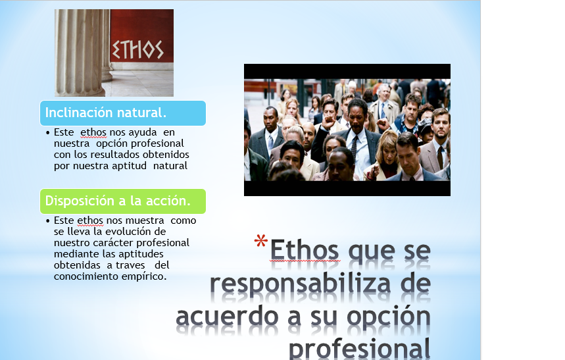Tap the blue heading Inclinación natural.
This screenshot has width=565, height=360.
[105, 112]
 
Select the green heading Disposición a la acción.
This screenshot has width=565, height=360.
[118, 200]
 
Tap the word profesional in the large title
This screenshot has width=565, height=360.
[360, 347]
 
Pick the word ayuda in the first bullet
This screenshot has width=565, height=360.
[143, 132]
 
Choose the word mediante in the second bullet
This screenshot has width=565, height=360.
[75, 254]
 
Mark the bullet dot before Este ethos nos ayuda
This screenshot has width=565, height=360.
[49, 133]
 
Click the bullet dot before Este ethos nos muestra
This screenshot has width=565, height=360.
[49, 221]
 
